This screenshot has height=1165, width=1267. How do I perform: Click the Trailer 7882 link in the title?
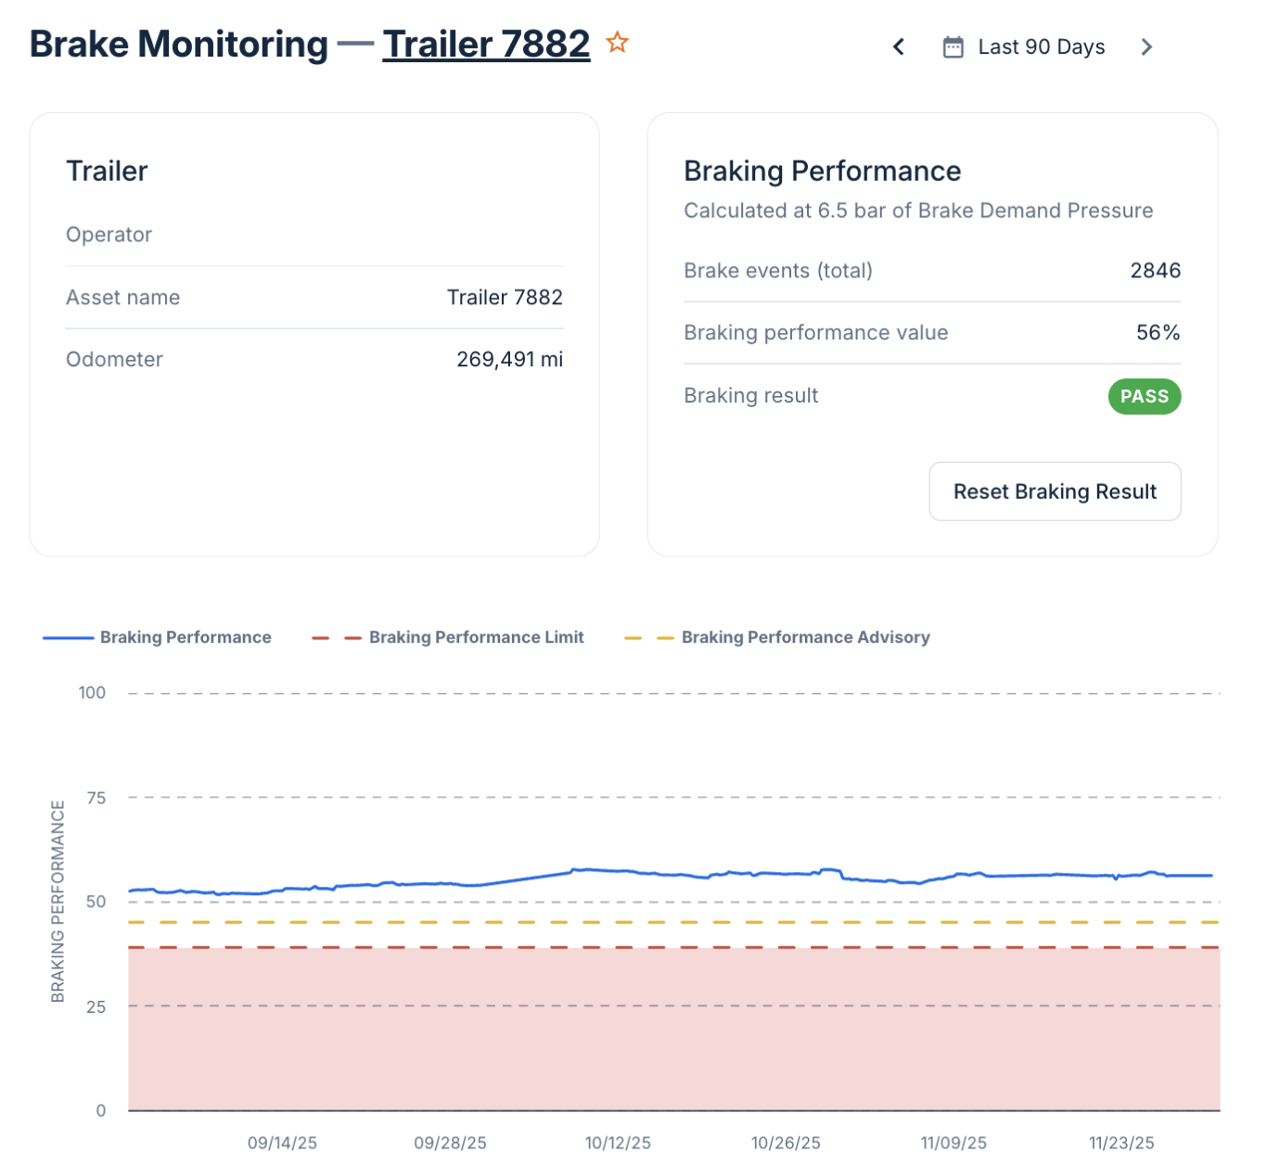point(486,45)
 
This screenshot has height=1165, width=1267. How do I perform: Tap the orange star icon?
point(617,43)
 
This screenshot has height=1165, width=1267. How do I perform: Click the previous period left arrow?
point(898,47)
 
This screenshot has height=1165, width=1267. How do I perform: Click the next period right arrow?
point(1146,47)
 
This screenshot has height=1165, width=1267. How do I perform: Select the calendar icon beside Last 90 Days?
point(953,47)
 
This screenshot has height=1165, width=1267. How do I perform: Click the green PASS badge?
point(1144,396)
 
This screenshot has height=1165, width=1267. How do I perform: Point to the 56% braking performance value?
point(1158,333)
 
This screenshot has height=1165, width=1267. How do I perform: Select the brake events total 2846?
point(1155,271)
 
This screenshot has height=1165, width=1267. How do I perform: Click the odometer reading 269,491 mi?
point(509,360)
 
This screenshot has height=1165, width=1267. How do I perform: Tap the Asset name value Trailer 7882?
point(505,298)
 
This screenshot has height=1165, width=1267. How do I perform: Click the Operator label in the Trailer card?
point(109,235)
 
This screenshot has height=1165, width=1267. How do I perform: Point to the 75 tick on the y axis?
point(96,798)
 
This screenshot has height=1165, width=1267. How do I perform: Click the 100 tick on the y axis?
point(92,693)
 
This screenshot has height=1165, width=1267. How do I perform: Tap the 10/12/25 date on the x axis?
point(618,1143)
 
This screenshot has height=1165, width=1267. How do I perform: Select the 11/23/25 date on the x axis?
point(1121,1143)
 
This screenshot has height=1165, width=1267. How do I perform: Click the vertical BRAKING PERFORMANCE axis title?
point(58,901)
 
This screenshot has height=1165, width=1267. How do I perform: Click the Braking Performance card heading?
point(822,172)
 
